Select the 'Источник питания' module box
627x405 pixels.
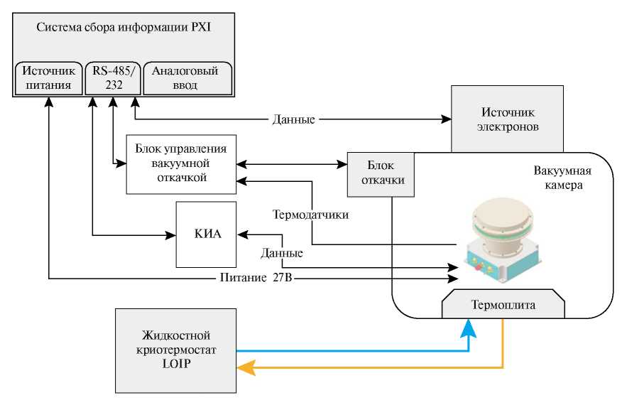pos(46,78)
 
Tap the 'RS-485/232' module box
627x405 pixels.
pos(112,78)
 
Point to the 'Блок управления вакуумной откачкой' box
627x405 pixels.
pos(180,163)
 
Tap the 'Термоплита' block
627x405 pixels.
pos(503,306)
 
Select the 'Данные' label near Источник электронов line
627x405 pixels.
pos(293,119)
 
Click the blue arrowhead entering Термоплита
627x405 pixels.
pos(469,329)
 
